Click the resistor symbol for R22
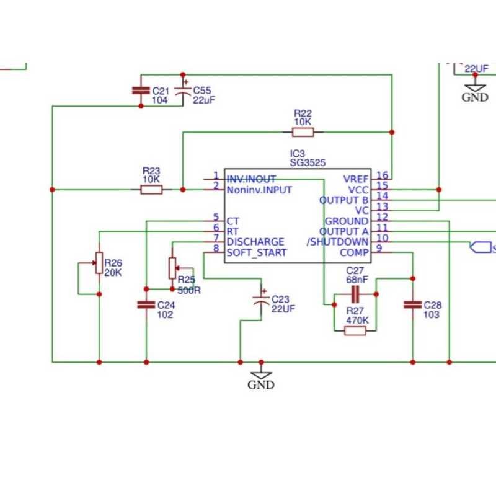303,131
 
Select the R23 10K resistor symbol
152,190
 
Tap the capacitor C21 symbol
141,91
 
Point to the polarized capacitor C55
183,91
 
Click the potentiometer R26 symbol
98,263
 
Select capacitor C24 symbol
146,304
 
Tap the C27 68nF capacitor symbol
355,294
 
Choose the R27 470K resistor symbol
355,331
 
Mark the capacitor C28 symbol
412,304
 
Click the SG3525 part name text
308,162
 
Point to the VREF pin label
356,179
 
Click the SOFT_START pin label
257,252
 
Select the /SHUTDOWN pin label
339,242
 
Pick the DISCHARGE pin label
255,242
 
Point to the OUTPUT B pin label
344,200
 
